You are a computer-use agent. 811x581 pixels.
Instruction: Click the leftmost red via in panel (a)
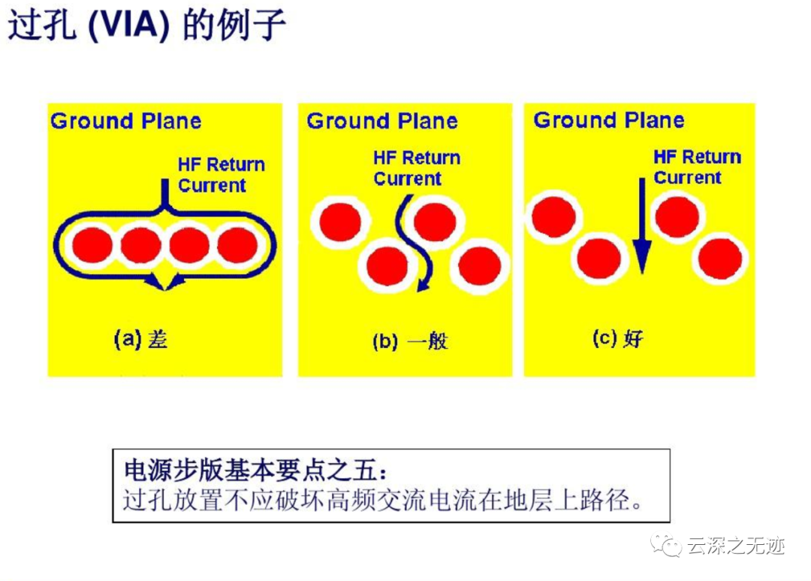tap(92, 245)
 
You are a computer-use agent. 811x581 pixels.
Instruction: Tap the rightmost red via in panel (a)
tap(237, 244)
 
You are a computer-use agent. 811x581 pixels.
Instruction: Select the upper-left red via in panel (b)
tap(340, 222)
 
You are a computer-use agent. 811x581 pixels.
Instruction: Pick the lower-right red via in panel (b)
tap(480, 265)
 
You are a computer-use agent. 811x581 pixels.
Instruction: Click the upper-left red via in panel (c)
tap(554, 216)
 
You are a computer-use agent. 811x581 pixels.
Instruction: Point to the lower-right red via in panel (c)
tap(720, 259)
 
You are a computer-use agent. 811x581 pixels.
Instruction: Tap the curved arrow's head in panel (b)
tap(423, 285)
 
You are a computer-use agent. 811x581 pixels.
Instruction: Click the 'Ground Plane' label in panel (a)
tap(125, 122)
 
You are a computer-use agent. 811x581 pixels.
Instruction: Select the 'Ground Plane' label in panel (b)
tap(382, 122)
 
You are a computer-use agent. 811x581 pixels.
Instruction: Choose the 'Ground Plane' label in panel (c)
tap(609, 121)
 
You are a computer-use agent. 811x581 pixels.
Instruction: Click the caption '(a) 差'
tap(140, 339)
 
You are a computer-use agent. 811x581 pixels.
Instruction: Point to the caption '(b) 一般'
tap(410, 341)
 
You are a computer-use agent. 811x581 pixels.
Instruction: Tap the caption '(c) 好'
tap(617, 339)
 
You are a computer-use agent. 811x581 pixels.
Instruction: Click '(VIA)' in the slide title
tap(129, 26)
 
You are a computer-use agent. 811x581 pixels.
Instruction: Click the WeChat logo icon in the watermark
tap(666, 545)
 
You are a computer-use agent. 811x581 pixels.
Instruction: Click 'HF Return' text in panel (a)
tap(222, 165)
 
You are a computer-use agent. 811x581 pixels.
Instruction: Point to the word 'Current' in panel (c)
tap(687, 177)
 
